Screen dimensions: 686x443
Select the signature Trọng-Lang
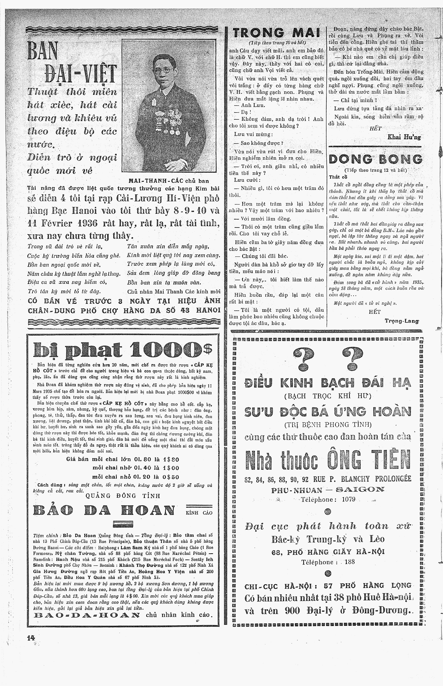pos(402,321)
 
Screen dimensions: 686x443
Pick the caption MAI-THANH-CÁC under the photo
pos(154,181)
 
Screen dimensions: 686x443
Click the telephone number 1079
pos(348,499)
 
